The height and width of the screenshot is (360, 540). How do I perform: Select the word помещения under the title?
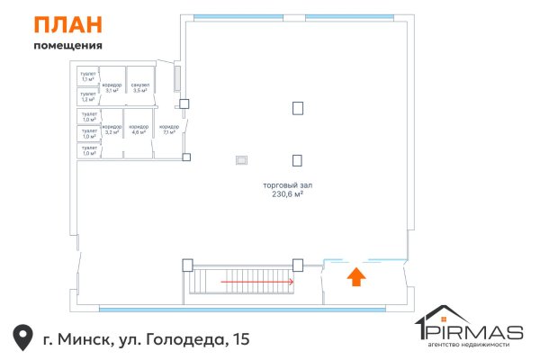[67, 45]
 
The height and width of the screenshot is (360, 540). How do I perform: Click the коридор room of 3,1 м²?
[112, 87]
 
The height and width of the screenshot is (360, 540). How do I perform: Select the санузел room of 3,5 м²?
[140, 87]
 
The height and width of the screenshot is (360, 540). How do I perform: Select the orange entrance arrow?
[356, 276]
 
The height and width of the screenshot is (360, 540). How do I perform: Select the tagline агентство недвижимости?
[472, 345]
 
